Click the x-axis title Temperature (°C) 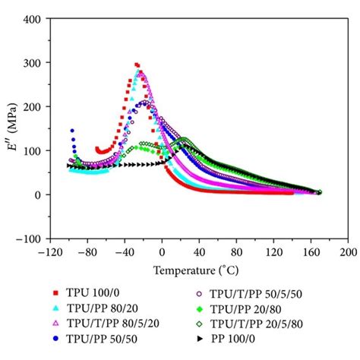[199, 269]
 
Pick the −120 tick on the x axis [51, 251]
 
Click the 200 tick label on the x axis [348, 251]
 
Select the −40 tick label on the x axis [124, 251]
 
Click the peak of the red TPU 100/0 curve [137, 65]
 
